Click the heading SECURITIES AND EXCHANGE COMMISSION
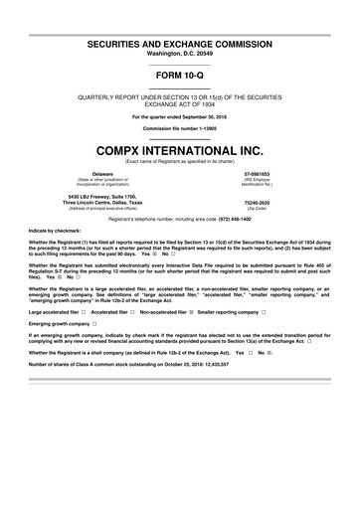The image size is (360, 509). [180, 19]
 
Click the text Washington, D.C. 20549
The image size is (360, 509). [180, 31]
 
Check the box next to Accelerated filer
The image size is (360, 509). [132, 311]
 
